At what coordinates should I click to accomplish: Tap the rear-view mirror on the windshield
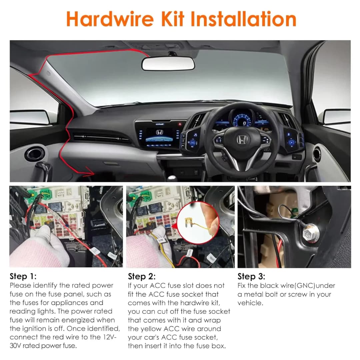[168, 63]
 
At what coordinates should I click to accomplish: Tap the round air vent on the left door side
[34, 154]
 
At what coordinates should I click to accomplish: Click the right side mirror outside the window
[337, 116]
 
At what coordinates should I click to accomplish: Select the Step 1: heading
[23, 276]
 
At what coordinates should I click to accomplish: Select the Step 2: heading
[142, 276]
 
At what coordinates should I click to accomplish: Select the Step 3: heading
[251, 276]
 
